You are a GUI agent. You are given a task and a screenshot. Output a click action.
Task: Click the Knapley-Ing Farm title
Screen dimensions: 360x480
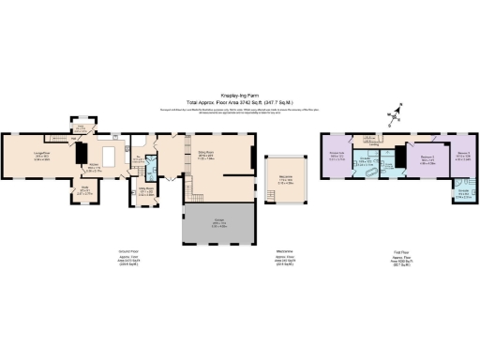click(x=240, y=94)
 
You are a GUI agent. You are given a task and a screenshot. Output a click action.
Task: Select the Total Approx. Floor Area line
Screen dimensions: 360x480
click(x=240, y=100)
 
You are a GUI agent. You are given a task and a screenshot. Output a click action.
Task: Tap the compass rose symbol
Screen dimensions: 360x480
click(x=395, y=113)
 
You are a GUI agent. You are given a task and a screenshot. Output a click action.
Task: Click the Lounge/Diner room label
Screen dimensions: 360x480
click(x=40, y=156)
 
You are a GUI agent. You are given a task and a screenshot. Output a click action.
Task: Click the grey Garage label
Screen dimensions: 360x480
click(x=218, y=223)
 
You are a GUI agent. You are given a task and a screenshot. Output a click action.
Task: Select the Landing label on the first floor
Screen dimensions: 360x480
click(x=374, y=144)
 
